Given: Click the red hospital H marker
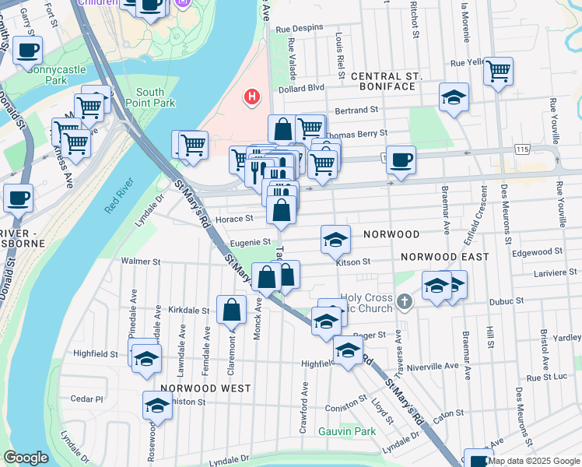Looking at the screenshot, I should pos(251,97).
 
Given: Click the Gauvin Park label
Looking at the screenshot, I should pos(347,431).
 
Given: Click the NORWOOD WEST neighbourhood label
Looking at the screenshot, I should pos(205,388).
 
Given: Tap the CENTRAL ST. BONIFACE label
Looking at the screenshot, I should pos(385,81).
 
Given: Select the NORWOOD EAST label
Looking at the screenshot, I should pos(445,257).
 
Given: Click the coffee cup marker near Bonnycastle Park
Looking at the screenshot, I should pos(27,51).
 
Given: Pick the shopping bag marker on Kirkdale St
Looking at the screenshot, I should pos(232,310).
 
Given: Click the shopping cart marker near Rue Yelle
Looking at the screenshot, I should pos(498,71).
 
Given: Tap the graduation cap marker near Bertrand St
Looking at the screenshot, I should pos(454,97).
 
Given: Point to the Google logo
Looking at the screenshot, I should pos(26,458).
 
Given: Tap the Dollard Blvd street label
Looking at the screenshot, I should pos(306,88).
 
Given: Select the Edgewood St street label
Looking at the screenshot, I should pos(537,252).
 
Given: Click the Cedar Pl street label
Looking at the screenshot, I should pos(86,399).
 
